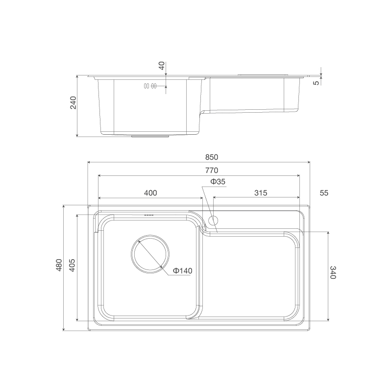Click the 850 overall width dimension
click(x=211, y=157)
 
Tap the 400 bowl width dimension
click(x=150, y=193)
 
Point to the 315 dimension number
click(x=261, y=193)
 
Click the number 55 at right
click(x=324, y=193)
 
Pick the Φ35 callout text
click(x=218, y=182)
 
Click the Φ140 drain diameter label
click(x=182, y=271)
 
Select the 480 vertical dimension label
click(x=59, y=265)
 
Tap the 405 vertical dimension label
click(x=72, y=265)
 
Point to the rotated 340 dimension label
click(x=333, y=272)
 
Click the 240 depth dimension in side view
click(x=73, y=103)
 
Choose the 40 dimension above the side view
click(x=162, y=66)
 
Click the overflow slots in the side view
click(x=149, y=86)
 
